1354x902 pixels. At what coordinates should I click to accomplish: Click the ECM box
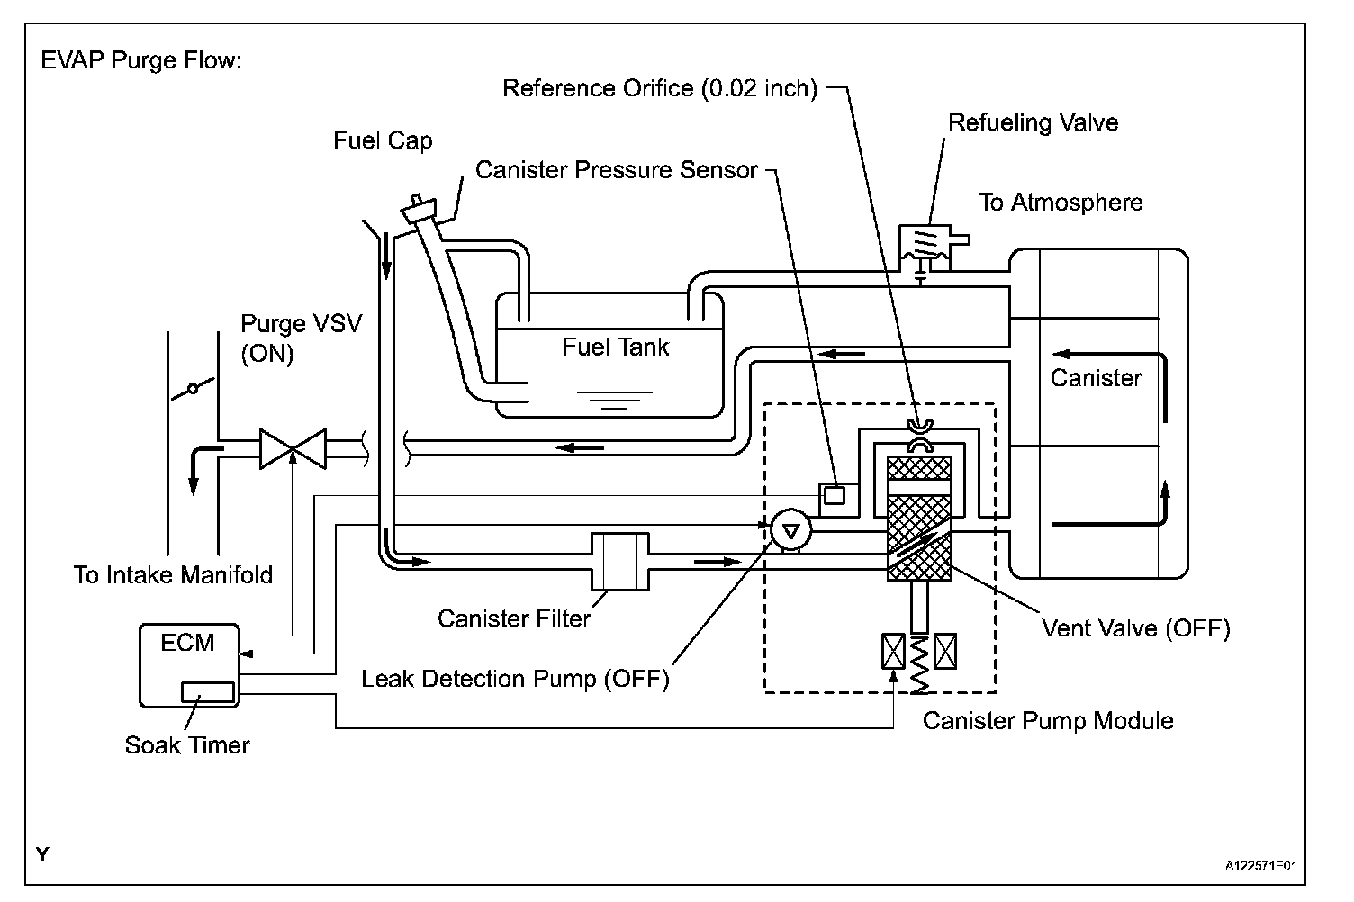pos(190,664)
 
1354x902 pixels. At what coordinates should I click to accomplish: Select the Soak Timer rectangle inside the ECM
pos(208,691)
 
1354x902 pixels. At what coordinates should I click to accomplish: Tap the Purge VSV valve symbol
pos(293,448)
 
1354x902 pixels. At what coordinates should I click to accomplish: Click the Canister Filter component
pos(619,561)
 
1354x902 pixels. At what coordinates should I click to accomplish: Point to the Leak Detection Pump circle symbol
pos(791,531)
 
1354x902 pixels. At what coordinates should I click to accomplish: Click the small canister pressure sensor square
pos(835,494)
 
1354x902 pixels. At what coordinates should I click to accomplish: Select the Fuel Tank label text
pos(616,347)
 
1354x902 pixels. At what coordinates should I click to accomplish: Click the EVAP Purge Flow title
pos(142,62)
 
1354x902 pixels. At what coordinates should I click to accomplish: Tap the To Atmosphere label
pos(1061,203)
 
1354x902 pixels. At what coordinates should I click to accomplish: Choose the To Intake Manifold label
pos(173,574)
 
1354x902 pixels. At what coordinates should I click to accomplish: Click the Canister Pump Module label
pos(1048,721)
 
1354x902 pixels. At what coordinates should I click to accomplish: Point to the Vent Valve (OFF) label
pos(1135,627)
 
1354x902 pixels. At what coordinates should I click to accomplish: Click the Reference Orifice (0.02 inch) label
pos(659,88)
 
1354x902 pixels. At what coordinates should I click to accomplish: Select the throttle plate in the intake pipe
pos(192,389)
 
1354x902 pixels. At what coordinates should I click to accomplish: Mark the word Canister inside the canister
pos(1096,378)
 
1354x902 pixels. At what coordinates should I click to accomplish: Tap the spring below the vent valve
pos(919,666)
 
